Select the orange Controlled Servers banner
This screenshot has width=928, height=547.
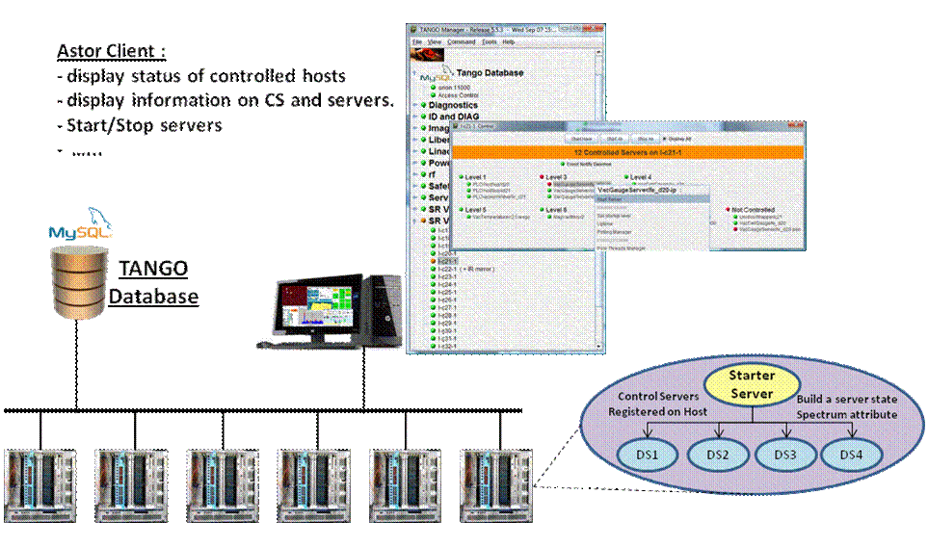click(628, 152)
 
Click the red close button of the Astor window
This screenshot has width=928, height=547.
click(796, 127)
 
